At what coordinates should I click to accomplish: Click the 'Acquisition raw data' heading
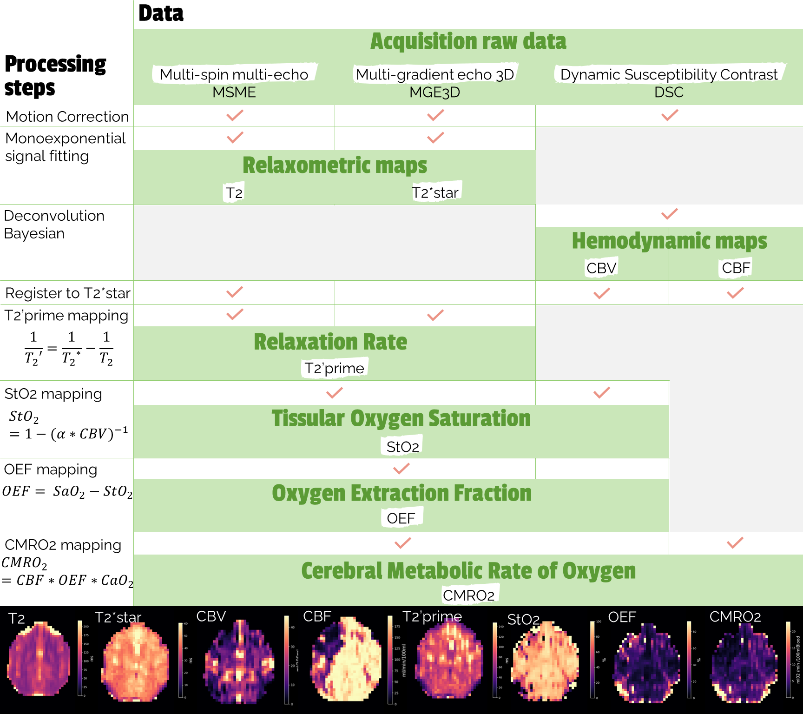tap(468, 41)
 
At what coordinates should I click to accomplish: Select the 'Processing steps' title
tap(55, 76)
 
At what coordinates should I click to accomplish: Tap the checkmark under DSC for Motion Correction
tap(669, 115)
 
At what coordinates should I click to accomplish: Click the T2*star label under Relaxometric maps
tap(435, 192)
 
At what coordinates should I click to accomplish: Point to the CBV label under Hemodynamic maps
tap(601, 268)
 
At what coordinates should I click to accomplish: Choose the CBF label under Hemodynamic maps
tap(736, 268)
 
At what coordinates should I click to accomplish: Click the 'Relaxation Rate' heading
tap(330, 342)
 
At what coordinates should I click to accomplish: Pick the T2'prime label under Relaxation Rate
tap(334, 368)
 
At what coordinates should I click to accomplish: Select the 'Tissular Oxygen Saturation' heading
tap(401, 418)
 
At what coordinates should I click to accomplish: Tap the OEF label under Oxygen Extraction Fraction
tap(401, 518)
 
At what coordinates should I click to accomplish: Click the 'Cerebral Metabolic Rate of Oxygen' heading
tap(468, 571)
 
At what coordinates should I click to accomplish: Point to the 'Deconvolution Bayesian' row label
tap(54, 225)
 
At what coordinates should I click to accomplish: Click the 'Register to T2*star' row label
tap(67, 293)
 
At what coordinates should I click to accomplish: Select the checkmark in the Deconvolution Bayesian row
tap(669, 214)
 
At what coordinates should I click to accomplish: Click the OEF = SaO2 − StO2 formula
tap(67, 491)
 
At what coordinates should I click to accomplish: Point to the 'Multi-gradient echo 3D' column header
tap(435, 74)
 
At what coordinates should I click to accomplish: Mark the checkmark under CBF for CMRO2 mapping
tap(735, 542)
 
